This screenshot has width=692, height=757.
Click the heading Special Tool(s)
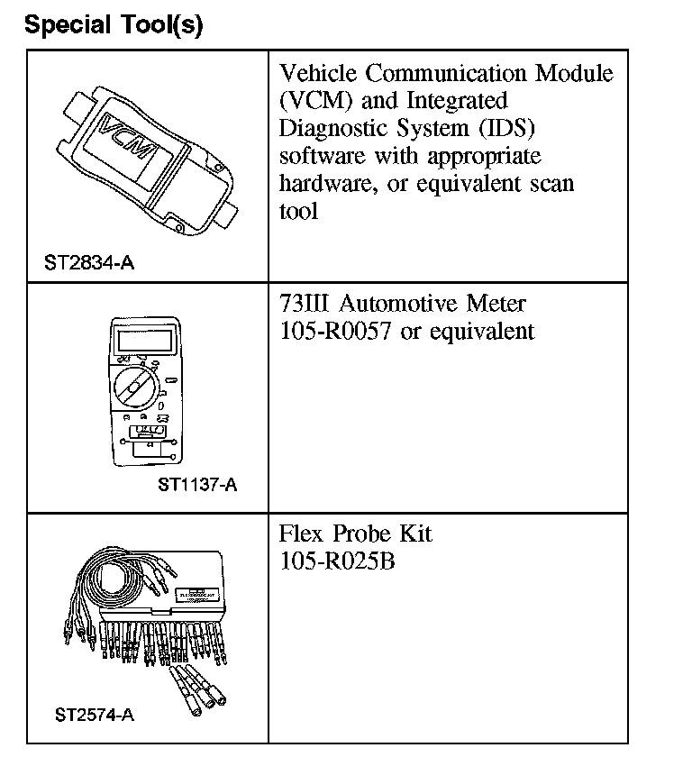(114, 24)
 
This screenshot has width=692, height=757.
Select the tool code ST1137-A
(197, 485)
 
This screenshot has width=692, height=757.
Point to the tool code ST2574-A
(94, 716)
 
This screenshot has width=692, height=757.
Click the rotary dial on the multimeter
(135, 388)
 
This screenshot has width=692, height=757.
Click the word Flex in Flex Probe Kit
(301, 534)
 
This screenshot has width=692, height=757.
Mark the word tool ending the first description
(298, 213)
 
